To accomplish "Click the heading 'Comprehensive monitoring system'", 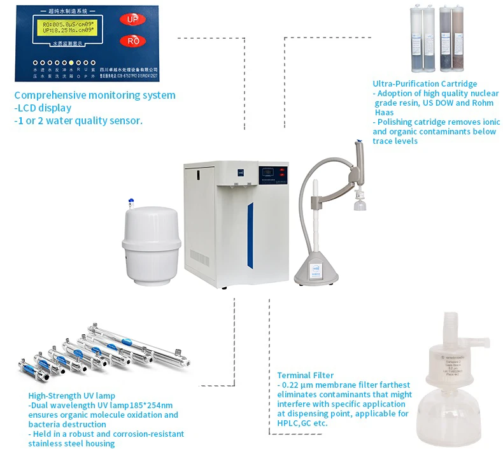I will click(x=95, y=96).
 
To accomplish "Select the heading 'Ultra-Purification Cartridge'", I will click(x=425, y=83).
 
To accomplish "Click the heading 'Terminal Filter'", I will click(x=306, y=375).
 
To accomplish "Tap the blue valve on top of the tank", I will click(x=131, y=202).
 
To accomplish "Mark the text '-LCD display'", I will click(x=43, y=108).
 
